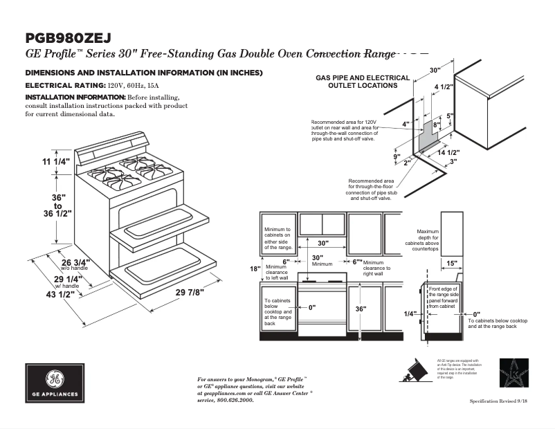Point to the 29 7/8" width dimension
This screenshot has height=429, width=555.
[x=190, y=293]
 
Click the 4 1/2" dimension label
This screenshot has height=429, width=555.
[x=444, y=86]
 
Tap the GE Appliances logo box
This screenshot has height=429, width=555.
[x=55, y=383]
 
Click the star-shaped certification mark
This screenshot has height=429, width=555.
[x=514, y=373]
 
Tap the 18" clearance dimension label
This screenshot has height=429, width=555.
[x=255, y=268]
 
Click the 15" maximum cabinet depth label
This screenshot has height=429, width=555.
[x=451, y=263]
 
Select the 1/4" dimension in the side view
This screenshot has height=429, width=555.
[x=410, y=313]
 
